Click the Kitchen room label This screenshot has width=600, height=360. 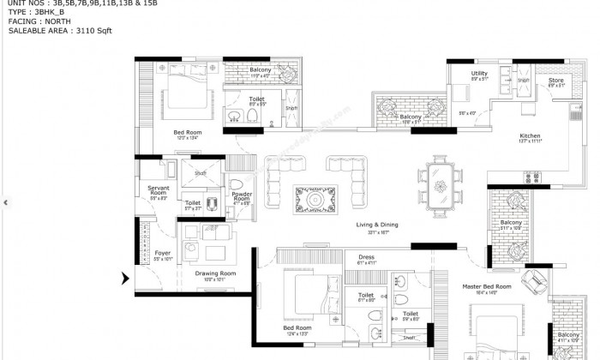(529, 136)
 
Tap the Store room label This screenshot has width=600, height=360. (555, 80)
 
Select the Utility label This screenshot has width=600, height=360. (479, 74)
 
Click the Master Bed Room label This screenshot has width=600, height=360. (486, 285)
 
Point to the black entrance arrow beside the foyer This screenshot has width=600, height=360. (126, 278)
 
